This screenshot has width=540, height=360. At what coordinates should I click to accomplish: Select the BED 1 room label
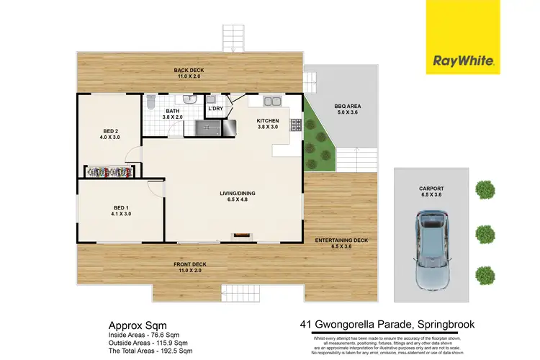120,210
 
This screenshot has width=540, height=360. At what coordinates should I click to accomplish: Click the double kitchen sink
273,101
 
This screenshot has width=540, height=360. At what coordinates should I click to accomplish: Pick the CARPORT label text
431,189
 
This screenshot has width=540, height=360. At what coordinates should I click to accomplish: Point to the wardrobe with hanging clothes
109,172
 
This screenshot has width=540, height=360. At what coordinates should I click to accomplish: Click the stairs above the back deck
233,38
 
